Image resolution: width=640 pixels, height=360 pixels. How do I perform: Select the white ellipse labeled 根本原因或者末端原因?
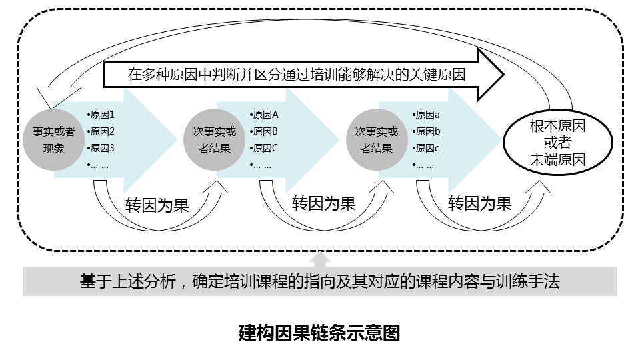557,142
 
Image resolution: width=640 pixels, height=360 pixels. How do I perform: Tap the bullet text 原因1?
102,115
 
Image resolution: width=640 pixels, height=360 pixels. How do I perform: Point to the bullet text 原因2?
102,131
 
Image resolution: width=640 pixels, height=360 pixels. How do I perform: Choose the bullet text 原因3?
102,148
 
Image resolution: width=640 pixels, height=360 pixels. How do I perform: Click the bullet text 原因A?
265,115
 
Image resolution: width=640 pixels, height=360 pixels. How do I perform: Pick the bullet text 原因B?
265,131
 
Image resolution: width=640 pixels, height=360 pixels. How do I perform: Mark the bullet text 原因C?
265,148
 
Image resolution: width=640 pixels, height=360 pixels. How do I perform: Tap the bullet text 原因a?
427,115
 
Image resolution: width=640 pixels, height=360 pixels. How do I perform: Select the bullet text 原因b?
427,131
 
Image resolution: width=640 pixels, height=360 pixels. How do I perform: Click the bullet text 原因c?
427,148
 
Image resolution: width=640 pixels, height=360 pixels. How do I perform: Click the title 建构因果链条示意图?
319,333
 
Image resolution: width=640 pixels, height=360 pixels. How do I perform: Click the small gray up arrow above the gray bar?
321,259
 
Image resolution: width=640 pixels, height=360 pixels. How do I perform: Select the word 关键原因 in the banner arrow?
438,75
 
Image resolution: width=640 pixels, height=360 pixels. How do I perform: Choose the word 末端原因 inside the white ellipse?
557,159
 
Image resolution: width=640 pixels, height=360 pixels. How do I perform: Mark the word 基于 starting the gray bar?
93,282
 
